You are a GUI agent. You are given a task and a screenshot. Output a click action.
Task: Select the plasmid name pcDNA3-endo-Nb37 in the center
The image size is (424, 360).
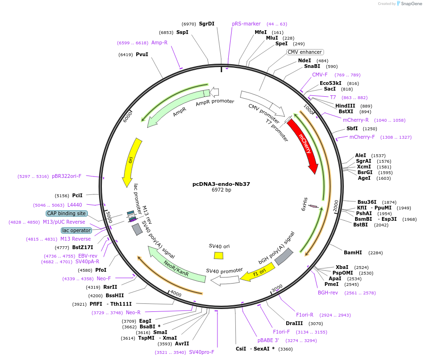point(222,184)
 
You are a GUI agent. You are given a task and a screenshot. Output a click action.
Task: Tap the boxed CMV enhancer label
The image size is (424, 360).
point(305,52)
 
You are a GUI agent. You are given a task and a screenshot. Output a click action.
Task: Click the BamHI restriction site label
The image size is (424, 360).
point(352,253)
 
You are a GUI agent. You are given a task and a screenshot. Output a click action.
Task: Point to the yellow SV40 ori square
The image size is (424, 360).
point(218,255)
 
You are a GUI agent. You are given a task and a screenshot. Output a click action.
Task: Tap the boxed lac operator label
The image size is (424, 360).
point(76,230)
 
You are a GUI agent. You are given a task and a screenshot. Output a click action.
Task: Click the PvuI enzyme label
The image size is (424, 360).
point(142,55)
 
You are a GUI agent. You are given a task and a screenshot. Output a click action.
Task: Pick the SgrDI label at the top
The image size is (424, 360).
point(207,24)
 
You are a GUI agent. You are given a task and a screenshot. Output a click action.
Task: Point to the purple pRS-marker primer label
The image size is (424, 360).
point(246,24)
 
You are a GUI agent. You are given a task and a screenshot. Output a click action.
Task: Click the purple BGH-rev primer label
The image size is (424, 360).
point(328,293)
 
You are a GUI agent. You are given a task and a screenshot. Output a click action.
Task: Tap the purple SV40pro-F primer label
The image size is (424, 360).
point(201,352)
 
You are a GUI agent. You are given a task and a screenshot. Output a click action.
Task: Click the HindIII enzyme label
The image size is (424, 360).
point(345,106)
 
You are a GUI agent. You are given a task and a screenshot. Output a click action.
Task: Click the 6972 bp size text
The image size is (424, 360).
point(222,190)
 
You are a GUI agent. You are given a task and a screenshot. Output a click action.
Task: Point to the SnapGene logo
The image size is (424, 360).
point(409,4)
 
